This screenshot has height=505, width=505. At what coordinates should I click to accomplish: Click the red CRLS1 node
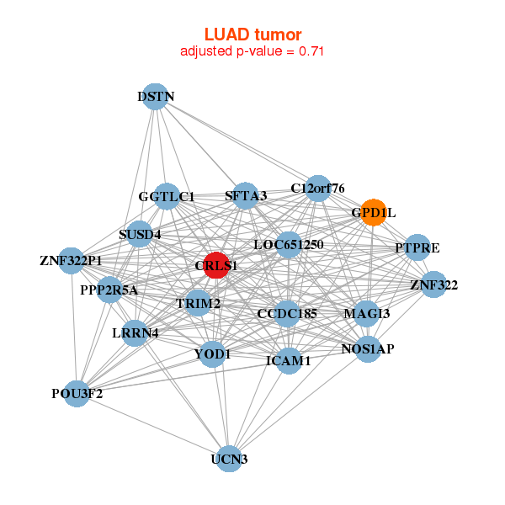click(217, 265)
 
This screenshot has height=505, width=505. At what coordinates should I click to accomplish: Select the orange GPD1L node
click(373, 212)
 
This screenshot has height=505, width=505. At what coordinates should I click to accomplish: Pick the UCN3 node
click(229, 458)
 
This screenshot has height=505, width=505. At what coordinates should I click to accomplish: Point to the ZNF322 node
click(433, 284)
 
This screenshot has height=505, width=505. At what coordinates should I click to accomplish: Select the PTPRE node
click(417, 247)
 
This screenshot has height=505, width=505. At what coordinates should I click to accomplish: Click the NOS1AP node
click(368, 348)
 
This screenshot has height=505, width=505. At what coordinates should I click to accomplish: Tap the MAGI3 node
click(367, 313)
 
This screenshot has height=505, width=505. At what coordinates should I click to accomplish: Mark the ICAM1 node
click(289, 360)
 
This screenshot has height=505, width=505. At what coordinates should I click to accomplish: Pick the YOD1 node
click(212, 353)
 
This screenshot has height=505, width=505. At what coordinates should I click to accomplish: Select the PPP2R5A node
click(109, 290)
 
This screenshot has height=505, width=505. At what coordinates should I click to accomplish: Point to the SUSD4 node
click(140, 233)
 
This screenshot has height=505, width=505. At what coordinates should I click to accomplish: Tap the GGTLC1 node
click(167, 197)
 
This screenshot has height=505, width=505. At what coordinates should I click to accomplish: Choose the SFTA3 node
click(246, 196)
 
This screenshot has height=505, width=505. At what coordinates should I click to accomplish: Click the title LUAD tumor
click(252, 35)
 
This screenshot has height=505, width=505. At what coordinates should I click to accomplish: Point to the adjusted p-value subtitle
click(252, 51)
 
